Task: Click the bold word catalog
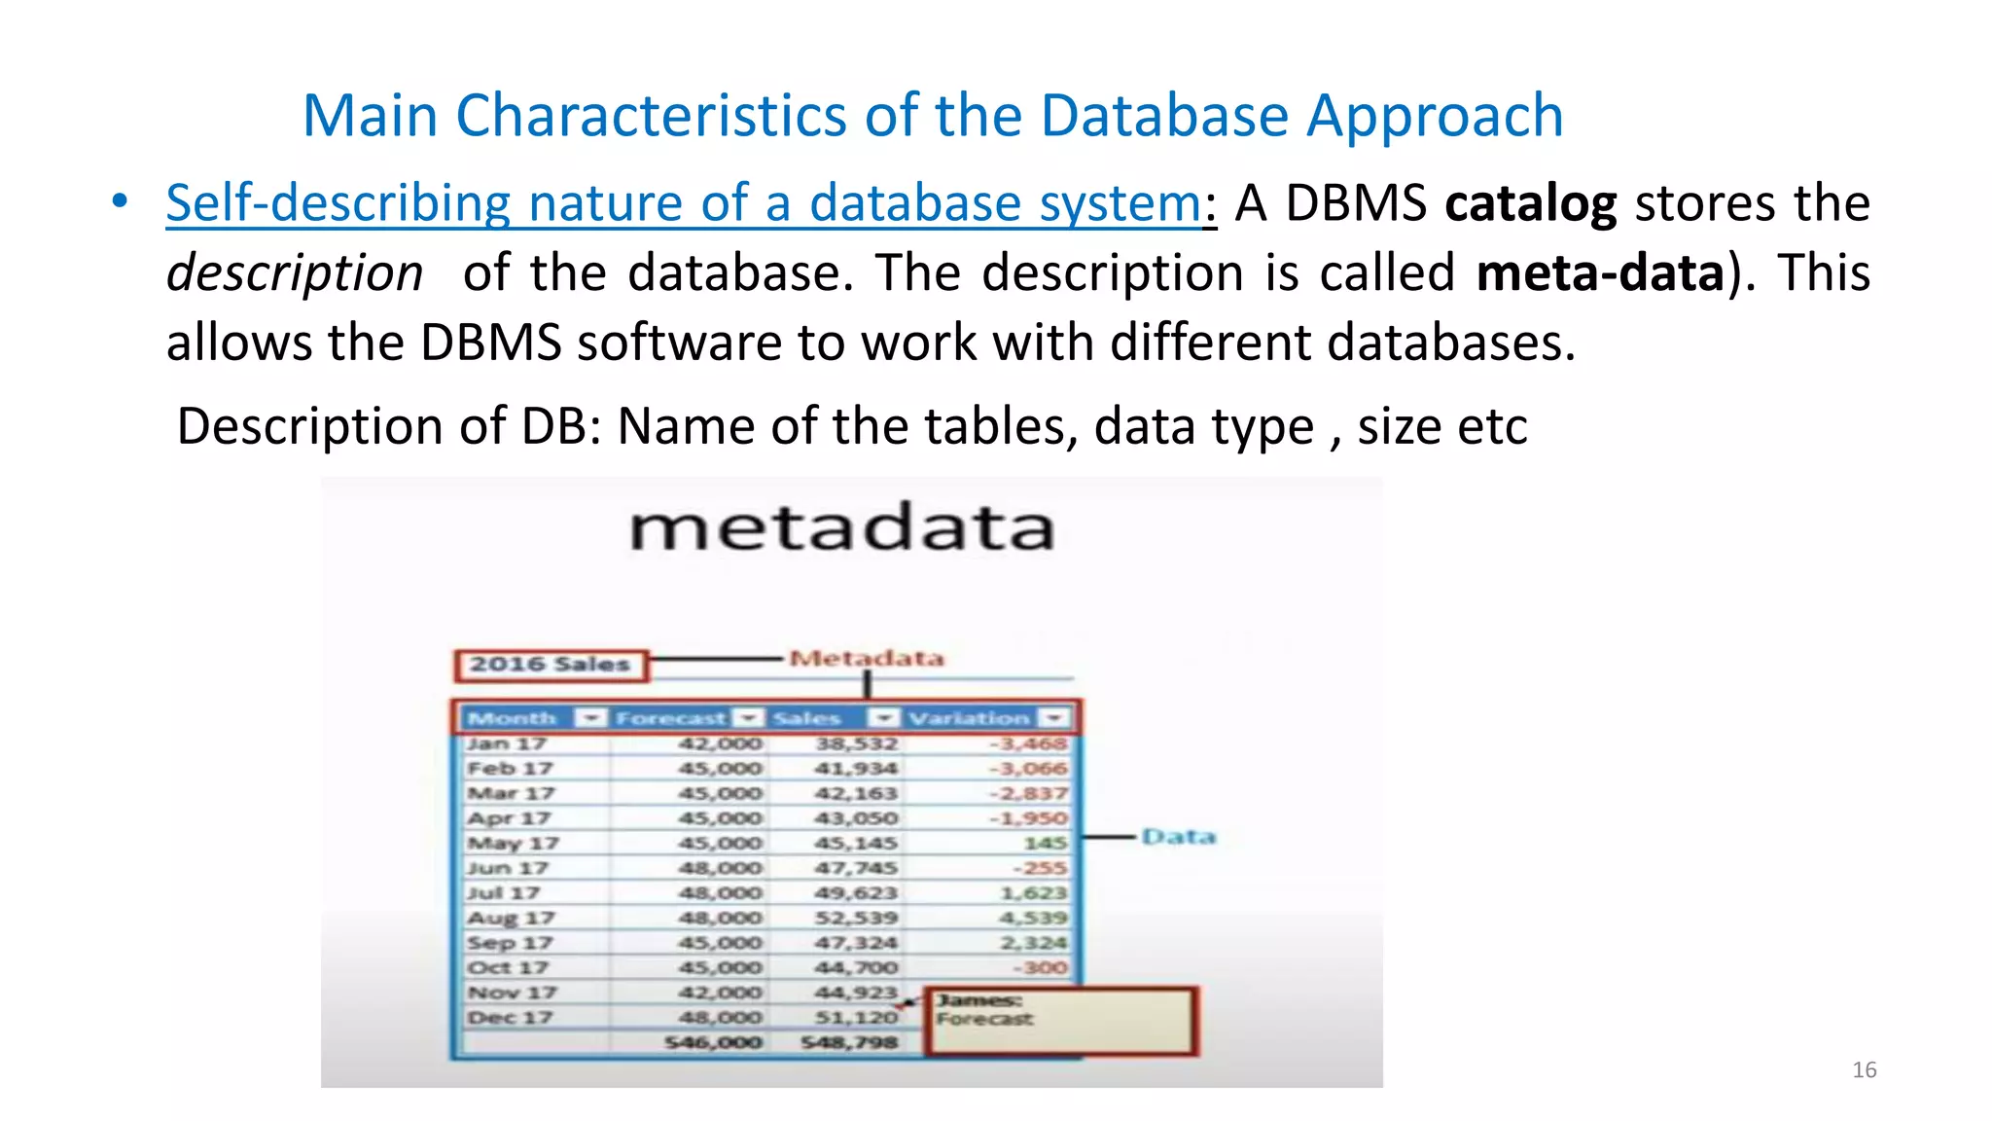(x=1530, y=204)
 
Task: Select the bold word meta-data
(x=1600, y=273)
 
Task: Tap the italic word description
(x=295, y=273)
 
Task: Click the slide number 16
(x=1864, y=1070)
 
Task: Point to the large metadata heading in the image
(x=841, y=528)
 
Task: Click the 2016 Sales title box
(x=551, y=666)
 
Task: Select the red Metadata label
(x=866, y=659)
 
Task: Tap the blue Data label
(x=1178, y=837)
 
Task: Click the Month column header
(x=512, y=719)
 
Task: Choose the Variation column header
(x=969, y=719)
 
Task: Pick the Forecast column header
(x=670, y=719)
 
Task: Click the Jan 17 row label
(x=506, y=744)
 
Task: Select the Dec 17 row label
(x=509, y=1018)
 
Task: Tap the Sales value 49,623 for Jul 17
(x=856, y=893)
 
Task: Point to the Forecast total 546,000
(x=714, y=1043)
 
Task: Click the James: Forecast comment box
(x=1062, y=1021)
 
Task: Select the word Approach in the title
(x=1435, y=116)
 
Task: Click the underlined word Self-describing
(x=338, y=204)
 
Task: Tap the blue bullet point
(x=119, y=201)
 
